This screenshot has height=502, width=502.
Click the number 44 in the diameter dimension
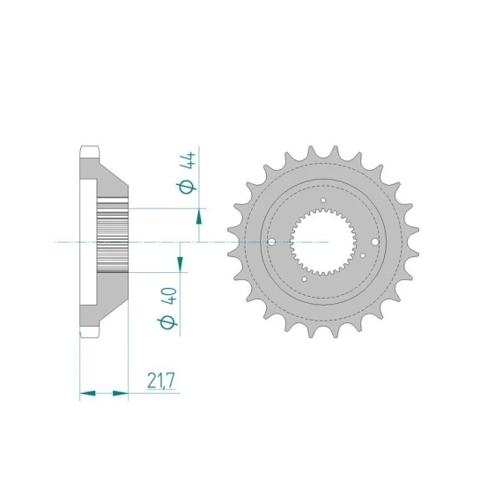pyautogui.click(x=188, y=161)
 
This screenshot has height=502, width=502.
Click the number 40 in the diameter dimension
pyautogui.click(x=170, y=297)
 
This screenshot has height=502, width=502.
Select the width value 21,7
pyautogui.click(x=161, y=380)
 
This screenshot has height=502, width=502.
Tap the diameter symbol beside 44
pyautogui.click(x=186, y=188)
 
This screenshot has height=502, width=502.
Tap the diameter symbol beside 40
pyautogui.click(x=167, y=322)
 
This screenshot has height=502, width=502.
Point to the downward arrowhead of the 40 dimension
pyautogui.click(x=181, y=263)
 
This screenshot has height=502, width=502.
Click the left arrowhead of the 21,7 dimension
pyautogui.click(x=87, y=393)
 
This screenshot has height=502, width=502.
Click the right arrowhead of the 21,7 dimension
pyautogui.click(x=121, y=393)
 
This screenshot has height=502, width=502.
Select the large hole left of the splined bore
pyautogui.click(x=271, y=241)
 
